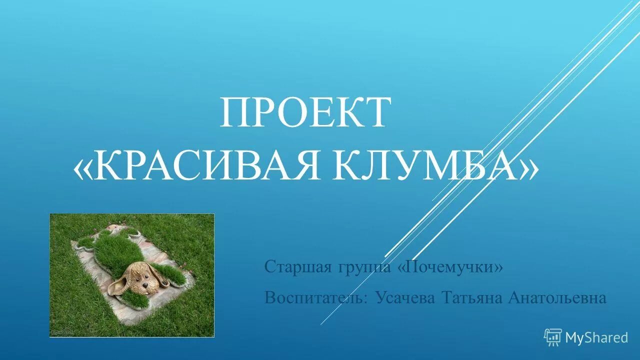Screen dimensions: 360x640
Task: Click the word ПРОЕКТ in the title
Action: pos(304,113)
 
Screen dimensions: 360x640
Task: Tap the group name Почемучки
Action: pos(450,267)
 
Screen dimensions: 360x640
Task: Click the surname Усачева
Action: pos(406,298)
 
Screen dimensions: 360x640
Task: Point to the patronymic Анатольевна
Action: pos(556,298)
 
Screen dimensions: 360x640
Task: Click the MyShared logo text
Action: pos(596,338)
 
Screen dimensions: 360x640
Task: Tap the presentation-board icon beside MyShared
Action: pos(552,338)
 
